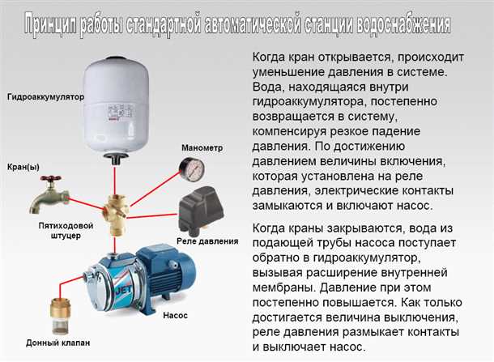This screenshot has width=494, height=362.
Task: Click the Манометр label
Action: click(x=202, y=148)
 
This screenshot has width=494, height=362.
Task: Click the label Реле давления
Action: click(x=207, y=241)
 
